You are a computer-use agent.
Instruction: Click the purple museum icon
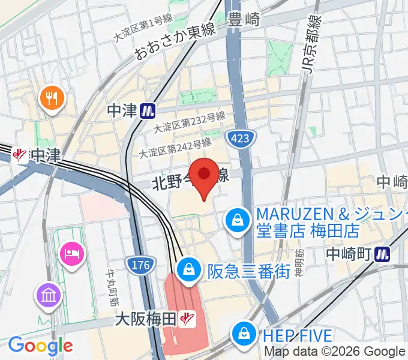[48, 295]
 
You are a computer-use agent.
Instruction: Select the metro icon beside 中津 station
[148, 110]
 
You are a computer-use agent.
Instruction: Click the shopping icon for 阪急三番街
[189, 268]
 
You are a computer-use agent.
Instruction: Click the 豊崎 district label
[244, 20]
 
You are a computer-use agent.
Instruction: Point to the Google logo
[40, 346]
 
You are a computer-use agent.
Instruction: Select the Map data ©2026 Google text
[335, 352]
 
